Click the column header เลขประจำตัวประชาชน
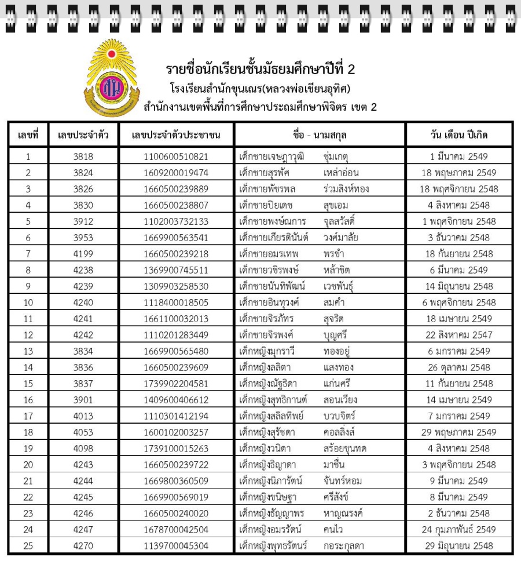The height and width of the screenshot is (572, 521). [176, 135]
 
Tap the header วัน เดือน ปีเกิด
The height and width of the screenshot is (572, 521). [458, 135]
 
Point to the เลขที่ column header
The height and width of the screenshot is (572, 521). [28, 135]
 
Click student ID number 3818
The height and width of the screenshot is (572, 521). [83, 156]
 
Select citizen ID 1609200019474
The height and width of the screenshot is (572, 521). [176, 173]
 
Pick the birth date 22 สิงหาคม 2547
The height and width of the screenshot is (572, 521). [458, 335]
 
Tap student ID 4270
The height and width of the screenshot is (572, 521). [83, 546]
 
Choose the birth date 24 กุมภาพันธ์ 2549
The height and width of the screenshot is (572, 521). [458, 530]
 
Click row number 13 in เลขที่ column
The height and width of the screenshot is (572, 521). [28, 351]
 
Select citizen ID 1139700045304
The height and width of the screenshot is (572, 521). [176, 546]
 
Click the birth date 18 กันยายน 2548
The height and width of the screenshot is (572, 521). [458, 254]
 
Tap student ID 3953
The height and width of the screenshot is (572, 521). [83, 238]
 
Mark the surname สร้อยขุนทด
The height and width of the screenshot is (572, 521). [346, 449]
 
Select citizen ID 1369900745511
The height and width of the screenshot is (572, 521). [176, 270]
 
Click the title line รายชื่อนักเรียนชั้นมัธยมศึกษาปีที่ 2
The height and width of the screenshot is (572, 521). [260, 70]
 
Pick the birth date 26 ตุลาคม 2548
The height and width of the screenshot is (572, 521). [458, 367]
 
